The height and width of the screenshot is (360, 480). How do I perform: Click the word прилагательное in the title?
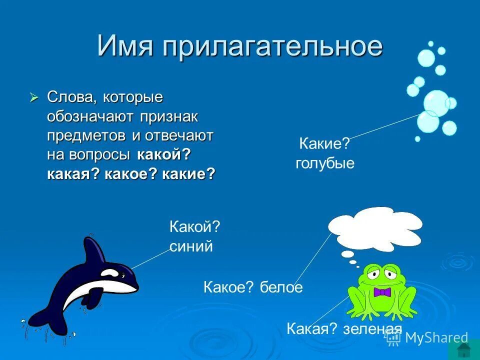pos(272,46)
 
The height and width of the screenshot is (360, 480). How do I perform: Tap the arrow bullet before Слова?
pos(34,97)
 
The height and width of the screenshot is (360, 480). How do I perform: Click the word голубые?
pos(324,163)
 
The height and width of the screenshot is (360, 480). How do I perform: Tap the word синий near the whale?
pos(191,246)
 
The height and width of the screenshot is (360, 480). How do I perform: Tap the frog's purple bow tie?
pos(381,292)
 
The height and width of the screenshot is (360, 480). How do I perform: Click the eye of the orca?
pos(122,274)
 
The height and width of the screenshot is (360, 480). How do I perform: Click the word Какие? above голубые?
pos(324,144)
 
